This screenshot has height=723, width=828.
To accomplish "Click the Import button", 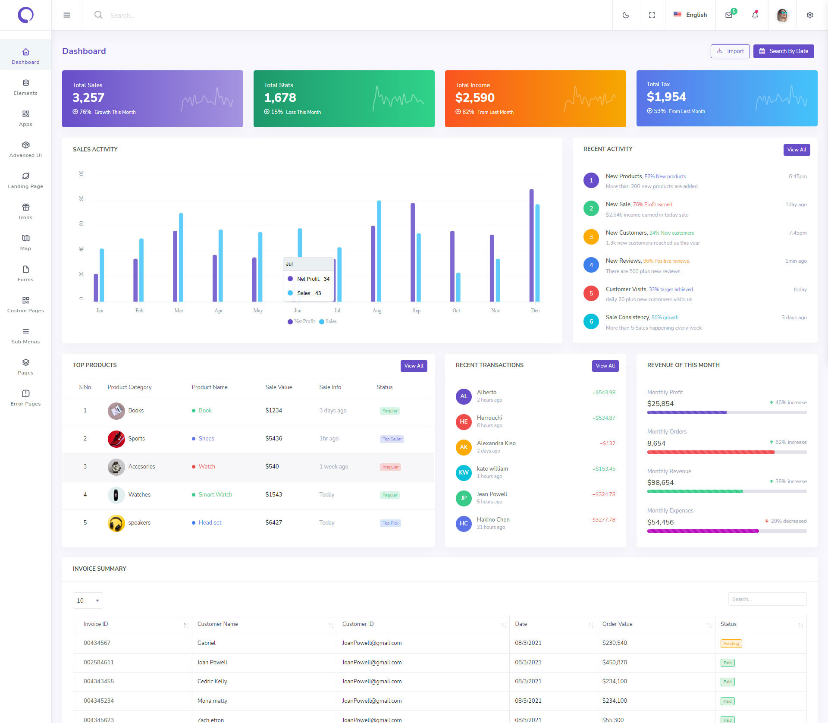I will tap(730, 51).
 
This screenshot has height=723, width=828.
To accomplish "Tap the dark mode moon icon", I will tap(626, 15).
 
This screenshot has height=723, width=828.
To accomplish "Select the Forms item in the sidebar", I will tap(25, 273).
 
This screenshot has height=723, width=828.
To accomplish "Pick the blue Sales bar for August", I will tap(379, 251).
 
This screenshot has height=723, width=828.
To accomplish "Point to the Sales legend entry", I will tap(328, 321).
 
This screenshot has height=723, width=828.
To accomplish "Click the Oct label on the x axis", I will tap(456, 311).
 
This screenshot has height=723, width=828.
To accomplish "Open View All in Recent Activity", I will tap(797, 150).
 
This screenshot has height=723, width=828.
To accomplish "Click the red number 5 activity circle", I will tap(591, 293).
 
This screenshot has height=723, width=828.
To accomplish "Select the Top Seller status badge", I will tap(392, 439).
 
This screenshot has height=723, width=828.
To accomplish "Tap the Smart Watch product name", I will tap(215, 494).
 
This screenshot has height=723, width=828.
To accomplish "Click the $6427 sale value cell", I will tap(274, 522).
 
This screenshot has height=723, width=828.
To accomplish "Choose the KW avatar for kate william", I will tap(464, 472).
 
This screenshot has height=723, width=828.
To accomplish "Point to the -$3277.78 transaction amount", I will tap(602, 520).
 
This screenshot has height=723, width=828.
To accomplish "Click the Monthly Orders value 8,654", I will tap(656, 443).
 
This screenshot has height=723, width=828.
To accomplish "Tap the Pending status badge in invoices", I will tap(731, 644).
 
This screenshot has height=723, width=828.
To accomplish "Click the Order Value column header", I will tap(618, 624).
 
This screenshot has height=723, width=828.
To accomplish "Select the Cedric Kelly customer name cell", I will tap(212, 681).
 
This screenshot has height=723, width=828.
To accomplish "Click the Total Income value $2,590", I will tap(475, 97).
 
